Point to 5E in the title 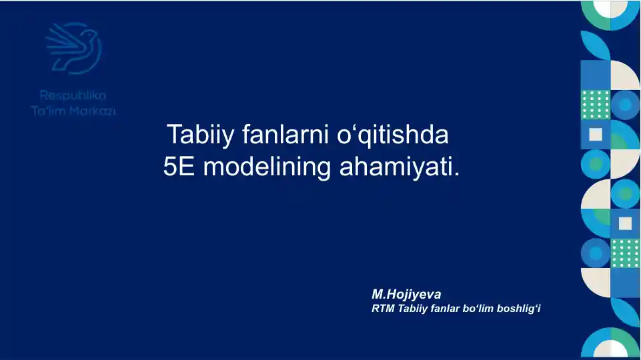179,167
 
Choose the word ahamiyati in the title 396,167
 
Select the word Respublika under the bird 73,96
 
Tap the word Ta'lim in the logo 48,111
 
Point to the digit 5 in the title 171,167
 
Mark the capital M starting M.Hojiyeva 377,294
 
